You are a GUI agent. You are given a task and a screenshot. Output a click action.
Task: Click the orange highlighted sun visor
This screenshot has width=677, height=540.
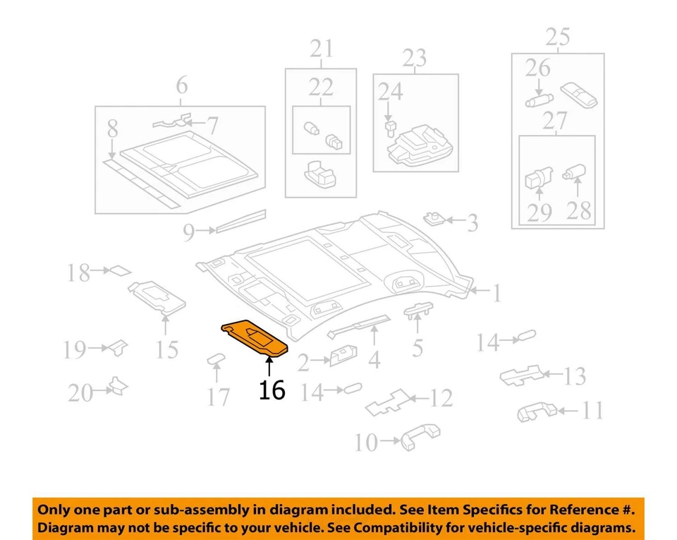pos(255,337)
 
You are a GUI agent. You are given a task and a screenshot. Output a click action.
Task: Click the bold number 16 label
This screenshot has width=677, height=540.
pos(272,389)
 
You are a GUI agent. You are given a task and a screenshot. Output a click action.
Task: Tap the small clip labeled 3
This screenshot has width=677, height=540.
pos(432,218)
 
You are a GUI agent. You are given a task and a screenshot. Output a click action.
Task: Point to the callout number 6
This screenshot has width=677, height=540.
pos(181,86)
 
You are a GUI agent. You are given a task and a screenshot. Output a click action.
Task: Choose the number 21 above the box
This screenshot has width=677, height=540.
pos(321,49)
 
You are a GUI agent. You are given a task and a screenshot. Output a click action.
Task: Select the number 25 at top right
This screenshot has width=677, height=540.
pos(557,37)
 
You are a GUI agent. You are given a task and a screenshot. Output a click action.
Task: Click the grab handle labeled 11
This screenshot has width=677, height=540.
pos(536,412)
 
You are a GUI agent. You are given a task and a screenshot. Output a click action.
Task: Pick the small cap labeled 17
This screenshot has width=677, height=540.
pos(214,361)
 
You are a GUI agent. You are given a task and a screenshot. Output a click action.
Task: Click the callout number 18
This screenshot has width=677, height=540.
pos(79,273)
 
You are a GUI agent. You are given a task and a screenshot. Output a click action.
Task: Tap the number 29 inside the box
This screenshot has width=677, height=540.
pos(539,212)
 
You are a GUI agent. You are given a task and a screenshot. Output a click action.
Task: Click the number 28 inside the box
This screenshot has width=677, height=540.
pos(578,210)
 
